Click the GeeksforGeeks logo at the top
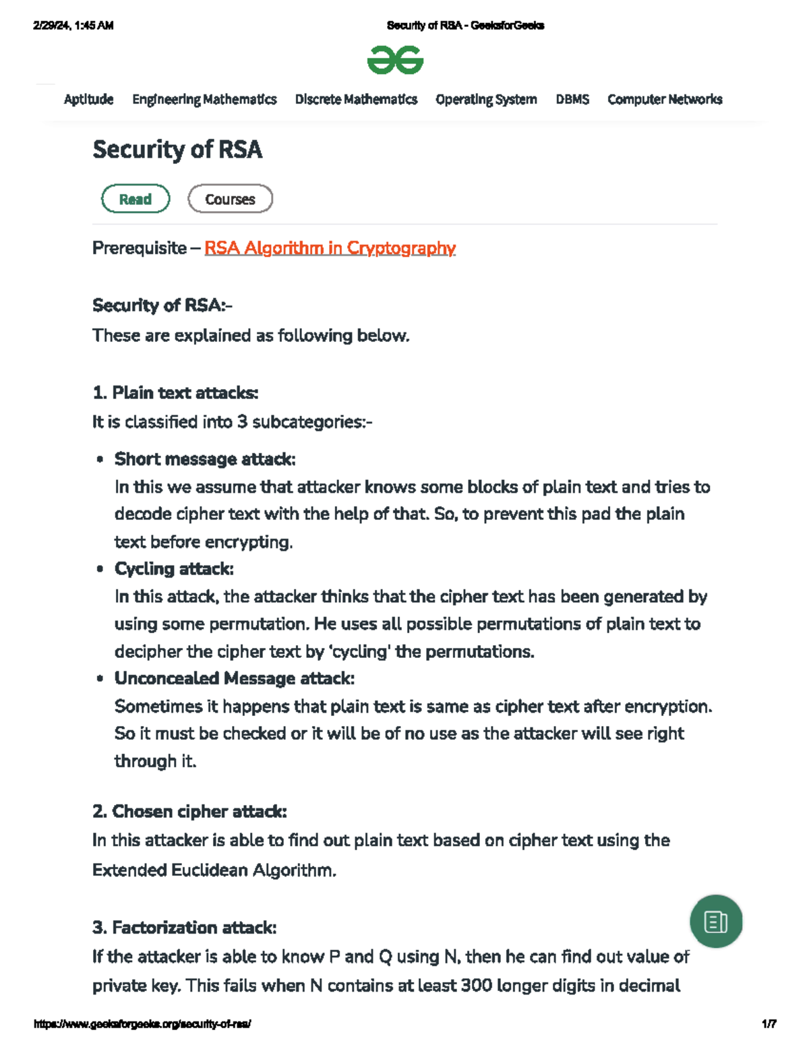click(x=395, y=60)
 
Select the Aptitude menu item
click(x=88, y=99)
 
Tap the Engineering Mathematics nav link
click(x=204, y=99)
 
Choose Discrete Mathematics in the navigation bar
click(x=356, y=99)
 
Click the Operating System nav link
click(x=486, y=99)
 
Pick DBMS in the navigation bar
click(x=572, y=99)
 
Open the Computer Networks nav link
click(x=665, y=99)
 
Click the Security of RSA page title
click(x=177, y=149)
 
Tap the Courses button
click(x=230, y=199)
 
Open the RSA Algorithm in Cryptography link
click(x=330, y=248)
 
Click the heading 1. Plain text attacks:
click(x=175, y=392)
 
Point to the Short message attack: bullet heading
click(x=205, y=459)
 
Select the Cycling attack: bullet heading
click(x=174, y=569)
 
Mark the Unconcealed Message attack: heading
click(x=234, y=678)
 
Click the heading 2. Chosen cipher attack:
click(x=189, y=811)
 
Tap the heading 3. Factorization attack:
click(x=184, y=928)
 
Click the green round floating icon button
click(x=716, y=921)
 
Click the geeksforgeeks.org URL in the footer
click(x=142, y=1023)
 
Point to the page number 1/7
click(x=769, y=1023)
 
